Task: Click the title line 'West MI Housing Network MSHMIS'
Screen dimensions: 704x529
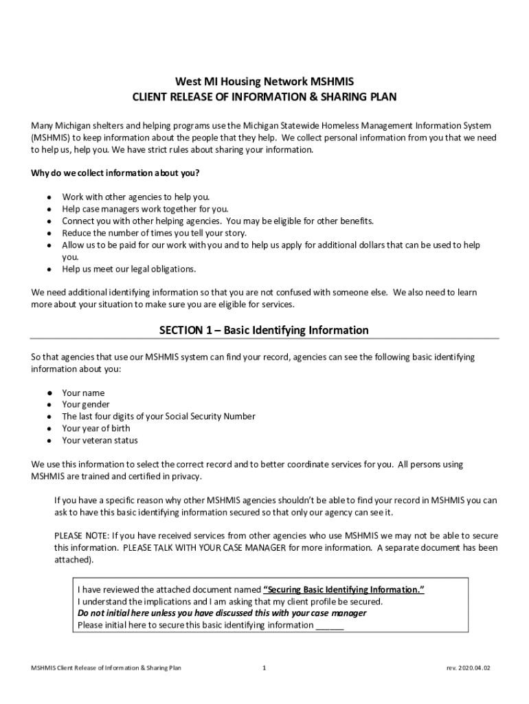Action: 264,81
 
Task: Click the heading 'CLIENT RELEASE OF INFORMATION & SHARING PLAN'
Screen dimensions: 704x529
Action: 264,97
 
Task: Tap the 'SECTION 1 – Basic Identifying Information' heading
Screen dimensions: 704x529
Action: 264,331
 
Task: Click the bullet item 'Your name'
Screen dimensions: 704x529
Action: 83,393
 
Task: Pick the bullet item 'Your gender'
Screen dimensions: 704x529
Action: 86,405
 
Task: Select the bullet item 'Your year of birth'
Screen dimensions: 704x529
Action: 96,428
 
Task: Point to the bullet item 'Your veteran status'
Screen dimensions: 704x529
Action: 100,440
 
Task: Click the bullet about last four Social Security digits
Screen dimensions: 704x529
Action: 159,417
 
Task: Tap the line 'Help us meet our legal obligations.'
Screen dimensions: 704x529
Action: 129,269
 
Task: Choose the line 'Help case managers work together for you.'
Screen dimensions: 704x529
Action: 145,209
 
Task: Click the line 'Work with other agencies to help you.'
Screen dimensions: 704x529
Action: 136,197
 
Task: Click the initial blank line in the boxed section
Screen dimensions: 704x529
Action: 329,626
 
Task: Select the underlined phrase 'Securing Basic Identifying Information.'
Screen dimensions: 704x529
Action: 344,590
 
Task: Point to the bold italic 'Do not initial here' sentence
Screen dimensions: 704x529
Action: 222,613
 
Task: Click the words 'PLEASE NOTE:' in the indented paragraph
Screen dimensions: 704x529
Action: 82,536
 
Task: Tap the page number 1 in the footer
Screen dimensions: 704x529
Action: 264,668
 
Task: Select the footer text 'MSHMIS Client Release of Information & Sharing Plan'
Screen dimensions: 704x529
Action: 102,668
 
